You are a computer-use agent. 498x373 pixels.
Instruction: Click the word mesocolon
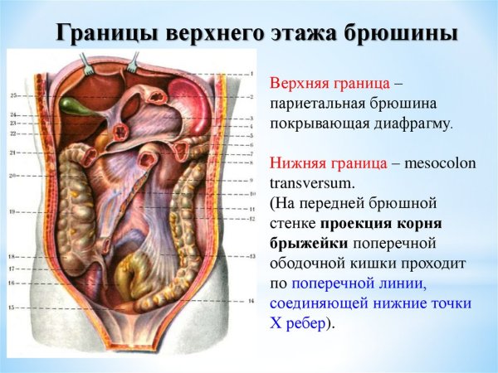(439, 163)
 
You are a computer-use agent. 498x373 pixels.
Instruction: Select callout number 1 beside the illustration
(250, 74)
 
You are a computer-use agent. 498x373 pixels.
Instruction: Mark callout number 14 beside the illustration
(250, 296)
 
